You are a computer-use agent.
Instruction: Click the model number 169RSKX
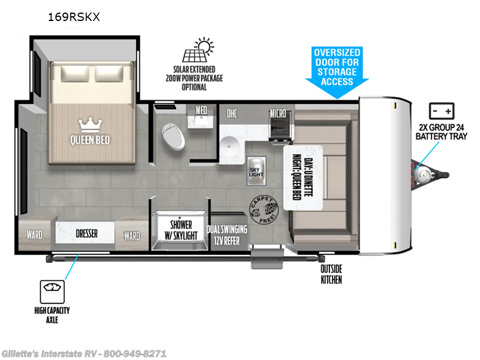(73, 18)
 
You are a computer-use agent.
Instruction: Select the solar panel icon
(200, 53)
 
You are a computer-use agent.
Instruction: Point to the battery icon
(442, 112)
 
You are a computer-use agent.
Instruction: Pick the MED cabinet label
(202, 110)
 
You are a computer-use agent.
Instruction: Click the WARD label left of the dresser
(34, 235)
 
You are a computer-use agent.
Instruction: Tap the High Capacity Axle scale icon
(52, 292)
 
